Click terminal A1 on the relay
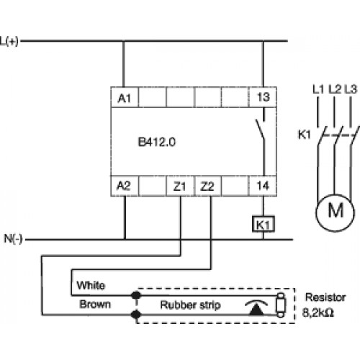point(125,97)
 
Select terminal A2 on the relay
point(125,186)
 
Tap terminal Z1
point(180,186)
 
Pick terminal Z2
point(207,186)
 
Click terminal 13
point(263,97)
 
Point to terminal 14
point(263,186)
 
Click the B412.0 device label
point(157,142)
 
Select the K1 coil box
point(264,224)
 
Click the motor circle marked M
point(335,212)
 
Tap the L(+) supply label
point(9,41)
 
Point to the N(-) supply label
point(13,239)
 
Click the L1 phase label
point(318,89)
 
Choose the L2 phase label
point(335,89)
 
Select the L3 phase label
point(351,89)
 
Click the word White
point(91,285)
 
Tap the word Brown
point(95,305)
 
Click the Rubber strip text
point(190,305)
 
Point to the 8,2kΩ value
point(318,312)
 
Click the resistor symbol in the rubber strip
point(281,305)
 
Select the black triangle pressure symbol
point(256,310)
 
